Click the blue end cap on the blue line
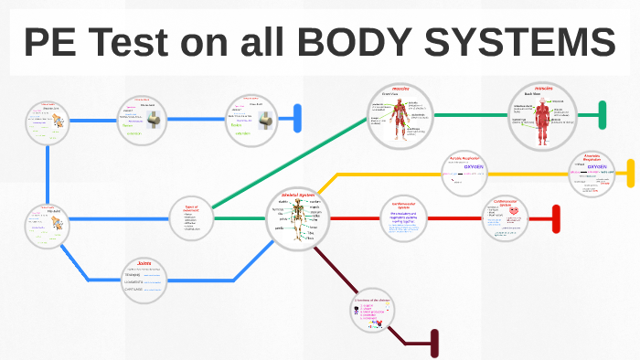coord(297,118)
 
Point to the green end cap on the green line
coord(603,115)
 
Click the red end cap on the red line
coord(556,218)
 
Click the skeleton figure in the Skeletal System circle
coord(297,223)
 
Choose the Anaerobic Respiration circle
coord(595,173)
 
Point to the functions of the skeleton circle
coord(377,315)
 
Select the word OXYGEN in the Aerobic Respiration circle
coord(473,167)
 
